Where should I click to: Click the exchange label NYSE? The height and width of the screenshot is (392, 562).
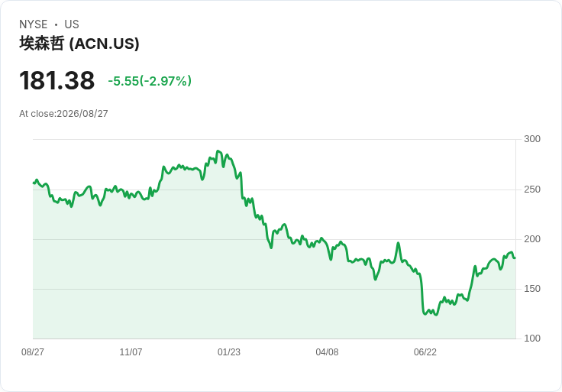coord(34,24)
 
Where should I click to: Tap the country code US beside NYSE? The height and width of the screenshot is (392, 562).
coord(72,24)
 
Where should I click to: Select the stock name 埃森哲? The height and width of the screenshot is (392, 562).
coord(42,44)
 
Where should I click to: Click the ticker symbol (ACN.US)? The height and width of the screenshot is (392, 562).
coord(104,44)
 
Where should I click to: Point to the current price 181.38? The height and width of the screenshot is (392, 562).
coord(57,80)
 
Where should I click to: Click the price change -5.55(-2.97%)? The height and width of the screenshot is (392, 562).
coord(150,81)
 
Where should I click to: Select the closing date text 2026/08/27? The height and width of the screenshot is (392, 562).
coord(82,114)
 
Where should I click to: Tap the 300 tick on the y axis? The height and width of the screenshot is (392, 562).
coord(532,139)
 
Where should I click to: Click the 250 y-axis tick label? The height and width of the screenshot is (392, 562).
coord(532,190)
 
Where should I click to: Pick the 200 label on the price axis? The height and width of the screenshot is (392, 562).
coord(532,239)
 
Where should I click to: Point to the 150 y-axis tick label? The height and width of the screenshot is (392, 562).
coord(532,289)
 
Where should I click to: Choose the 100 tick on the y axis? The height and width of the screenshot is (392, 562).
coord(532,339)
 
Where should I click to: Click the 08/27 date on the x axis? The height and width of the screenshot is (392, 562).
coord(33,352)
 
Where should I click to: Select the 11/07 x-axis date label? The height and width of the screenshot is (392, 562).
coord(131,352)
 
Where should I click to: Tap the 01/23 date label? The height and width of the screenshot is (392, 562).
coord(228,352)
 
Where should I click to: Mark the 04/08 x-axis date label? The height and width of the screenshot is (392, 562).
coord(327,352)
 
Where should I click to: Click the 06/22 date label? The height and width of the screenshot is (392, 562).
coord(425,352)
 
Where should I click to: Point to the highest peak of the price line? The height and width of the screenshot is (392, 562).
coord(218,151)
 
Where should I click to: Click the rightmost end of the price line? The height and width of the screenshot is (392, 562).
coord(515,258)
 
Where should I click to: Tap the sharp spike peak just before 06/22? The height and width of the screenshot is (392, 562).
coord(398,243)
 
